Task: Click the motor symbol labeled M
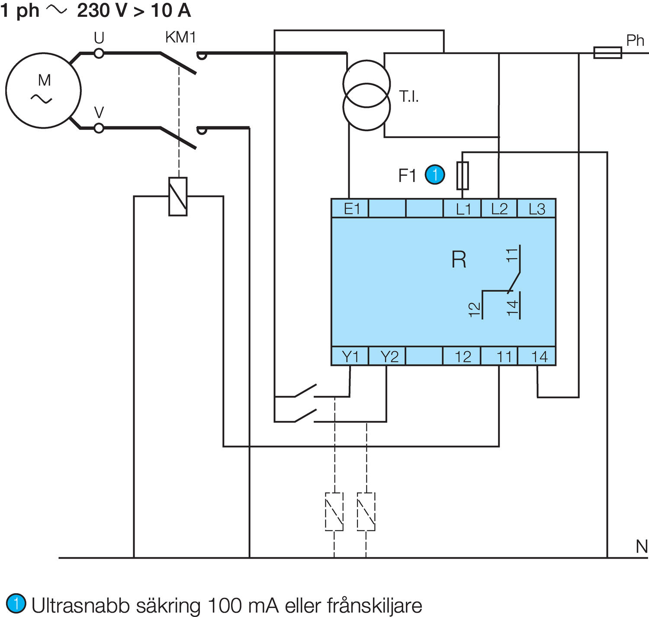[43, 90]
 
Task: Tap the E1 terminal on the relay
[350, 209]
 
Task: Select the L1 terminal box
[463, 209]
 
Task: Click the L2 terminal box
[499, 209]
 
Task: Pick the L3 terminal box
[537, 209]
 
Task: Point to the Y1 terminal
[350, 356]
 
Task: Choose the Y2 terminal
[388, 356]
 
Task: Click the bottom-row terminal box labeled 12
[462, 356]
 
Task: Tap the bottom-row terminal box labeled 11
[499, 356]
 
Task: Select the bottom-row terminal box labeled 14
[537, 356]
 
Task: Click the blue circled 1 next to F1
[435, 175]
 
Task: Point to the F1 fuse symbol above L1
[463, 176]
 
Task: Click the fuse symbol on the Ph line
[607, 53]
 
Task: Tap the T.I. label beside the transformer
[409, 97]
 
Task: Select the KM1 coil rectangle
[178, 196]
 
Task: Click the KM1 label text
[180, 38]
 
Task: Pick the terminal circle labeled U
[99, 53]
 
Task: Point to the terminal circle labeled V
[99, 128]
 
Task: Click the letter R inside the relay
[459, 260]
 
